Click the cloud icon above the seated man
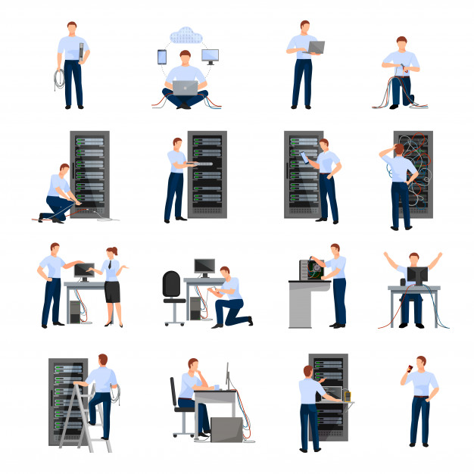pos(184,34)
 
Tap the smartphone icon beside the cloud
pos(161,57)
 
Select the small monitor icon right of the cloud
pos(210,56)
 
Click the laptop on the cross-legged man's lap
pos(184,88)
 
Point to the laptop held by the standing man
pos(315,47)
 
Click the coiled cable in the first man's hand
pos(58,79)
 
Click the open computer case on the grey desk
pos(310,270)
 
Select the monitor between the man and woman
pos(84,270)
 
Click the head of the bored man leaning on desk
pos(194,366)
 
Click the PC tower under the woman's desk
pos(75,310)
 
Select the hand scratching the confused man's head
pos(385,150)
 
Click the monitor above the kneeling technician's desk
pos(204,266)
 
